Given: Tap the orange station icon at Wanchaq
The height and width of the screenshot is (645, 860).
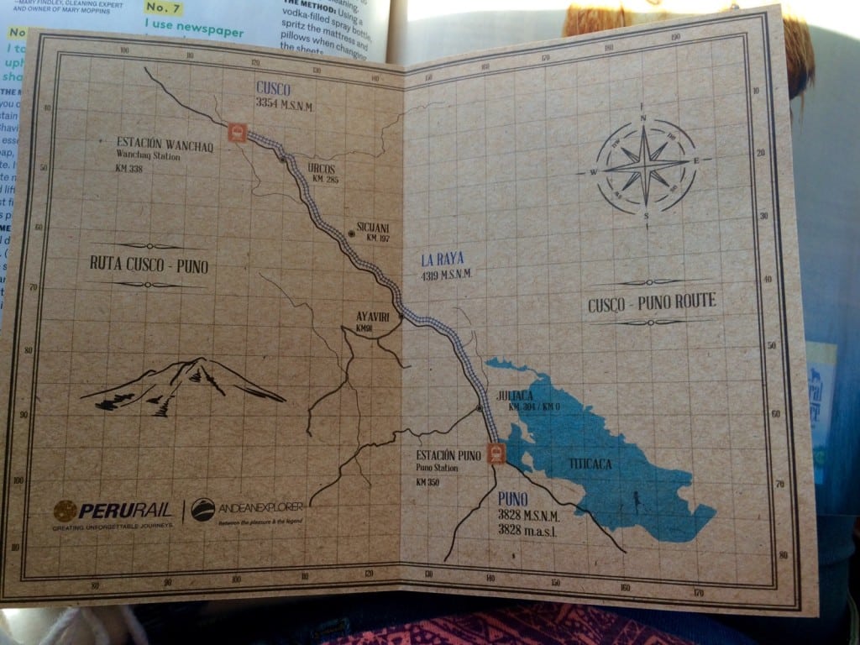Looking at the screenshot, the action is [237, 133].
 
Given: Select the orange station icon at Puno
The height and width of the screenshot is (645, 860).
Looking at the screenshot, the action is [496, 454].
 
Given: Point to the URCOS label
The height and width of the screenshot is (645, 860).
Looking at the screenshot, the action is [322, 168].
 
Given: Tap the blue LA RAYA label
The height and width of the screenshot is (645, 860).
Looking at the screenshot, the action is [443, 260].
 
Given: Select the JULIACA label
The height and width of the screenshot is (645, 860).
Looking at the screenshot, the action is [515, 394].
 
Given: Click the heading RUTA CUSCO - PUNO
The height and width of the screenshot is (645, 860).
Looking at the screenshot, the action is [149, 265].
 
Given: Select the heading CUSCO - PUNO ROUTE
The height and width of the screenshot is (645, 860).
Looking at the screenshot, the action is [653, 301].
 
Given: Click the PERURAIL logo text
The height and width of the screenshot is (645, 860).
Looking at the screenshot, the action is [125, 510].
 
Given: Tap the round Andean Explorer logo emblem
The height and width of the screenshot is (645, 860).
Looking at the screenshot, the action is [202, 509].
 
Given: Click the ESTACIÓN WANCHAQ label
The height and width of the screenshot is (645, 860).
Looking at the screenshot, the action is [165, 144].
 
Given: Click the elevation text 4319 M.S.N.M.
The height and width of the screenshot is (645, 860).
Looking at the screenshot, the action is [447, 275].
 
